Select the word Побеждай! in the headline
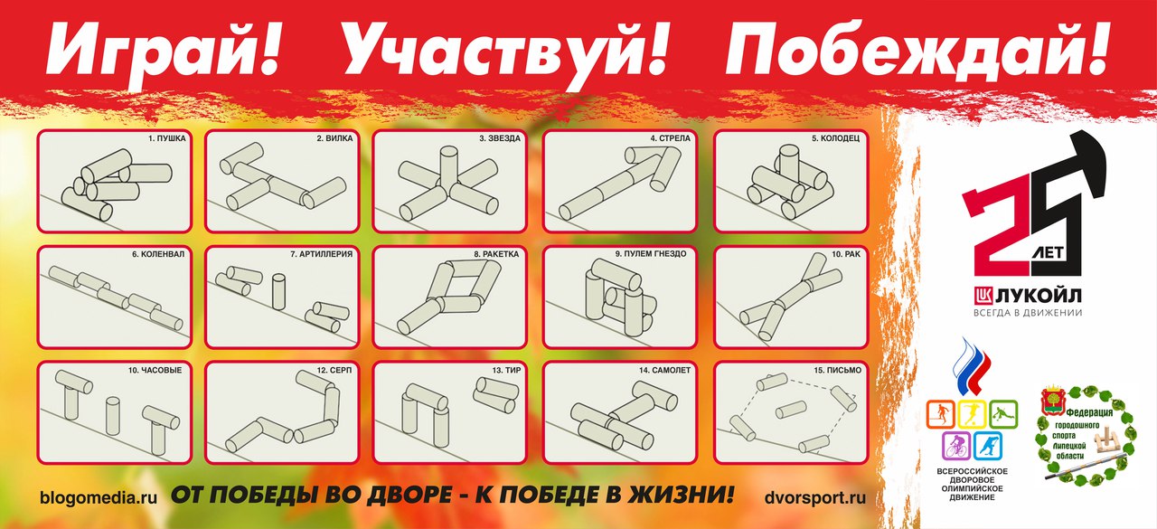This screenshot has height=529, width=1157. tap(917, 52)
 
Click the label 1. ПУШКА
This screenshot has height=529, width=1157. tap(167, 139)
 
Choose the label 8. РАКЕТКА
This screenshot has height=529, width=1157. tap(496, 254)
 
